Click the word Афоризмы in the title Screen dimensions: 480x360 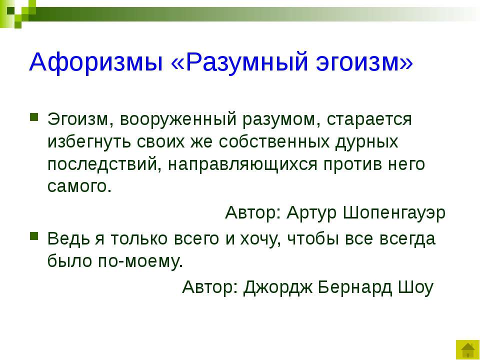96,62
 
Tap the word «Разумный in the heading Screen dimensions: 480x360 239,61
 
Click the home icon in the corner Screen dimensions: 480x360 467,349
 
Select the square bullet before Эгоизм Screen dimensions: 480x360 34,117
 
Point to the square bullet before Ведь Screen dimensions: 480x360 34,236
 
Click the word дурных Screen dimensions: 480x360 366,142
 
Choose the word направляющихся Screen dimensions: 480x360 242,164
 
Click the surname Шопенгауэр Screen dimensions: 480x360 394,212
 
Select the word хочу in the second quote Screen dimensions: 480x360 260,239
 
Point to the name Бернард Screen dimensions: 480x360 355,287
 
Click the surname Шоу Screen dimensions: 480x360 415,287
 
